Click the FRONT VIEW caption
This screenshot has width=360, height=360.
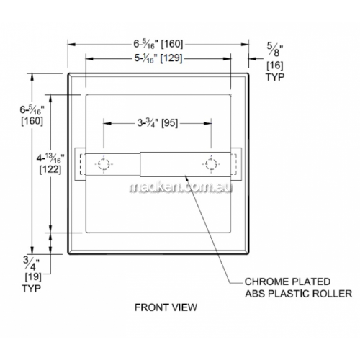point(166,307)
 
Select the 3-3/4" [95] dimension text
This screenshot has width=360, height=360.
point(158,123)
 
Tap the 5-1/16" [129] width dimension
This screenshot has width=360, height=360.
point(158,58)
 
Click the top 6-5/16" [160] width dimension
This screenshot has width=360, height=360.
point(158,44)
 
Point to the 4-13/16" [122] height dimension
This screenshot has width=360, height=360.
point(50,164)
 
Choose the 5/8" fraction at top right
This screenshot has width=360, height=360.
point(275,50)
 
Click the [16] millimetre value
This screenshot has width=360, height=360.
point(275,66)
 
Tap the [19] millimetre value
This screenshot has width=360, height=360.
point(33,276)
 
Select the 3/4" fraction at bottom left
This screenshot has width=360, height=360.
point(32,264)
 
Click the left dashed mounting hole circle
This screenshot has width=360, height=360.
point(104,164)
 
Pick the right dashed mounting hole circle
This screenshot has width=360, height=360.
point(211,164)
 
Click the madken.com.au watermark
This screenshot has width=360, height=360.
point(181,188)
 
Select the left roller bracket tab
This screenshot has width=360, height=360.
point(80,164)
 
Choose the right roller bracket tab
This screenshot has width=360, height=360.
point(236,164)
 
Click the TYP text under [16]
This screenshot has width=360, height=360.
point(275,77)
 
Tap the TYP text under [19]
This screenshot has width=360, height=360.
point(32,288)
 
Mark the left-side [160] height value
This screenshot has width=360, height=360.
point(32,121)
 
